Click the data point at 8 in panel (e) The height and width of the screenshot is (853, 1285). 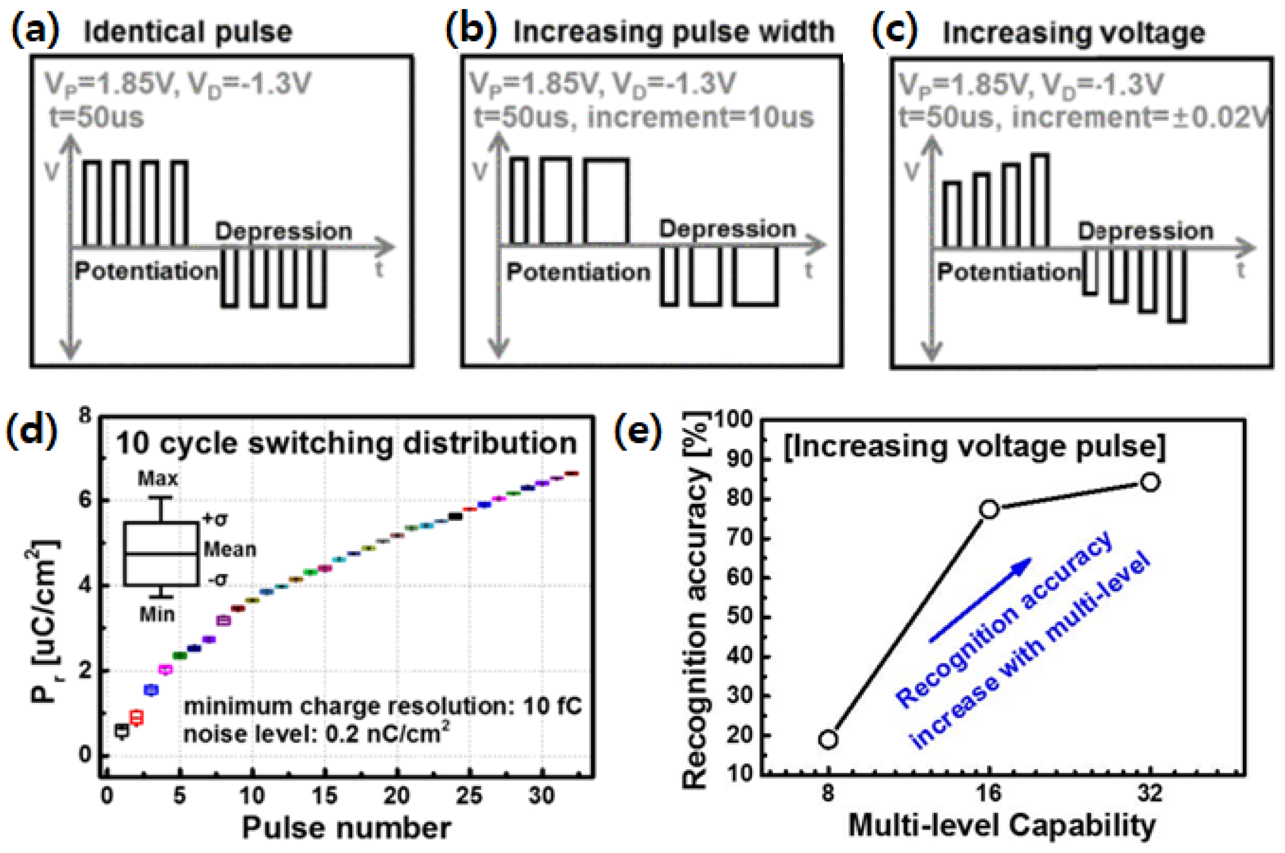coord(828,739)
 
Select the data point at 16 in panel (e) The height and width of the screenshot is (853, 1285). coord(989,509)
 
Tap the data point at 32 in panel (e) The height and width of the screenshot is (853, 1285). coord(1150,482)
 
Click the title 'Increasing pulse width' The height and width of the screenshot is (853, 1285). coord(674,31)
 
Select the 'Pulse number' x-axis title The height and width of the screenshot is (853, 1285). coord(346,828)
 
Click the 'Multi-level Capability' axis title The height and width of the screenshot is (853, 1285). coord(1002,825)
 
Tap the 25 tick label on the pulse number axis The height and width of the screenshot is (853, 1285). coord(469,796)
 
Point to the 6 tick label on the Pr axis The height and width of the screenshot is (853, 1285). coord(85,500)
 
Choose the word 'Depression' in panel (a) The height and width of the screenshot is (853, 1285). coord(283,231)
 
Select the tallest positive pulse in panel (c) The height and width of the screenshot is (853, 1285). coord(1040,201)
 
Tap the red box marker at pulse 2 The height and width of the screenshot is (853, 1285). coord(136,717)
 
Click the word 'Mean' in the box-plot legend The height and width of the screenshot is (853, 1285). coord(230,550)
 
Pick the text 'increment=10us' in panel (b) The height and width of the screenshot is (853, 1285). coord(700,117)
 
